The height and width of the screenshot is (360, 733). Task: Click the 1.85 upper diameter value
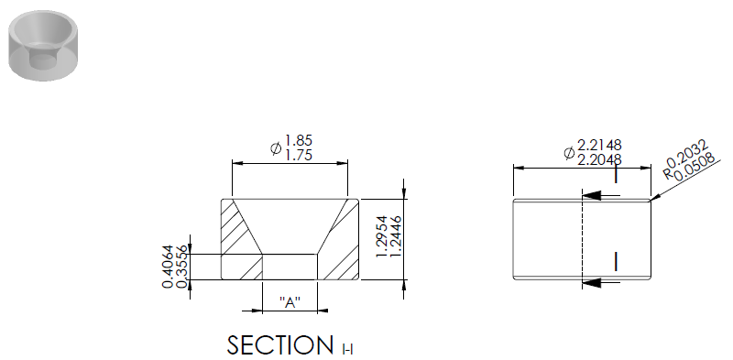click(299, 140)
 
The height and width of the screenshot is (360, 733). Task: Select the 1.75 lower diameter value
click(299, 155)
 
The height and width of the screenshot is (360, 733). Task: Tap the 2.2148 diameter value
click(599, 145)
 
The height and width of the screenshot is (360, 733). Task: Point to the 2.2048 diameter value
click(599, 160)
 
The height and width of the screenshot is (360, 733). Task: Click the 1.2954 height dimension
click(382, 236)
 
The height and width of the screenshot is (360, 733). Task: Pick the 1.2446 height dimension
click(397, 236)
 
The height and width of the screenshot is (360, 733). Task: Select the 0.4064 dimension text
click(168, 267)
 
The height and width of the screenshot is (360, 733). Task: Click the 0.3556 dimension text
click(182, 267)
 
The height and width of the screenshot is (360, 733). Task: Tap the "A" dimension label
click(290, 302)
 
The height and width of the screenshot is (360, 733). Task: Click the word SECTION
click(280, 345)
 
